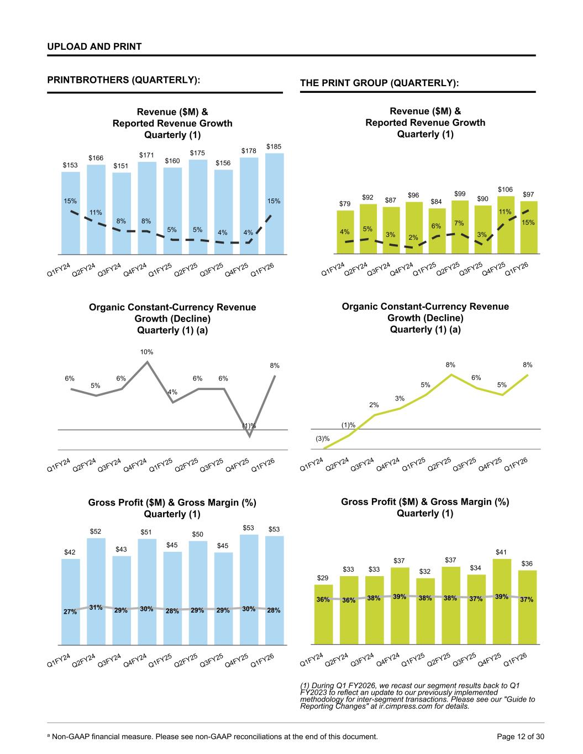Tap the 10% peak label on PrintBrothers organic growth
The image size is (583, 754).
click(146, 352)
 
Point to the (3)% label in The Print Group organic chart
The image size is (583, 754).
click(323, 439)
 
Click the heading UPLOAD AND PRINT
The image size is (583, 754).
click(94, 46)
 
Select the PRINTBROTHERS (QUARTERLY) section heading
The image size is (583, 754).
click(123, 80)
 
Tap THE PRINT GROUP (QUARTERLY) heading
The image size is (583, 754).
click(379, 83)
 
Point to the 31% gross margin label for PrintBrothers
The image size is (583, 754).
click(96, 608)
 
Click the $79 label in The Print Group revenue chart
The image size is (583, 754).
click(344, 204)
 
